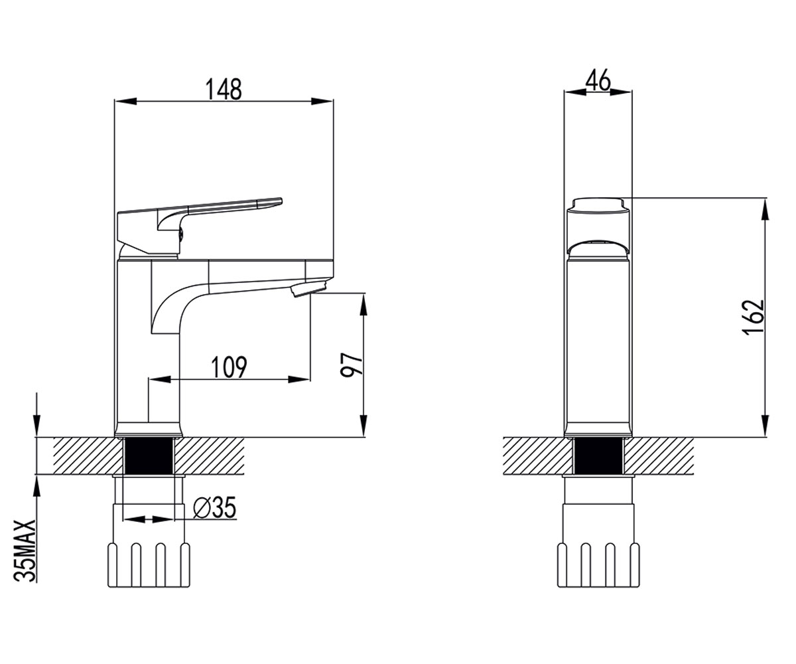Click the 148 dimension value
click(x=224, y=89)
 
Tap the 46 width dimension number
click(x=598, y=80)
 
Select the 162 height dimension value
click(x=753, y=317)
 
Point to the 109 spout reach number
click(x=229, y=367)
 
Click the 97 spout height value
click(x=351, y=365)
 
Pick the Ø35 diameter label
click(x=215, y=507)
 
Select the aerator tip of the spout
click(x=308, y=288)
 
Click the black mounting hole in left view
click(x=149, y=456)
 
